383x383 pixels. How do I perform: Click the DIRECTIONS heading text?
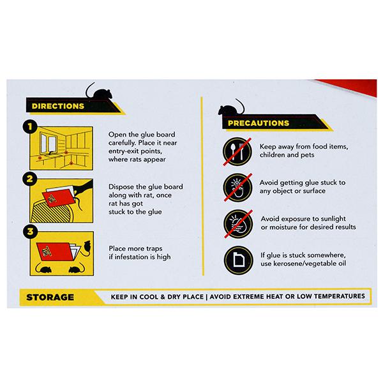pos(58,106)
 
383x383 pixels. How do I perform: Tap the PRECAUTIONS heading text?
pos(259,123)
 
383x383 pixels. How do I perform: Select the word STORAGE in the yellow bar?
pos(50,297)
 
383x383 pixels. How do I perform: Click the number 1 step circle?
pos(30,127)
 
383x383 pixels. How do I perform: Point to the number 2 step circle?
pos(30,179)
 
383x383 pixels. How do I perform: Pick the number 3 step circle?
pos(30,231)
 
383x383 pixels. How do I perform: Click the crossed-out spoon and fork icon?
pos(237,151)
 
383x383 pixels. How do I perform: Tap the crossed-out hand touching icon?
pos(237,187)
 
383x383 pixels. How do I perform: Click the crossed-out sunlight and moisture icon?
pos(238,224)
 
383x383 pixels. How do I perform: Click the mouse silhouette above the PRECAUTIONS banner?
pos(231,109)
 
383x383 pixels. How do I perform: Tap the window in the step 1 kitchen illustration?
pos(49,144)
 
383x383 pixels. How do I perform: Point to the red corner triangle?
pos(355,86)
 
